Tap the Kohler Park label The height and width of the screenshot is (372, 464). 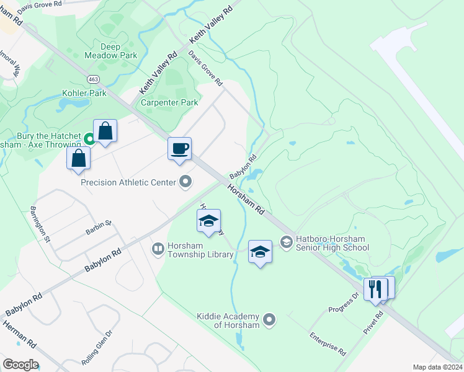(84, 94)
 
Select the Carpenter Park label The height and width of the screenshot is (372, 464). (170, 103)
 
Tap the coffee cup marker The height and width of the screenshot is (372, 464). (179, 149)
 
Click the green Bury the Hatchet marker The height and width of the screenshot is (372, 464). (89, 139)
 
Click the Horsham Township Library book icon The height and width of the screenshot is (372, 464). (158, 249)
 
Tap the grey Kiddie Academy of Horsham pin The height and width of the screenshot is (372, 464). (269, 320)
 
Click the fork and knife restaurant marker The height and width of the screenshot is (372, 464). (376, 289)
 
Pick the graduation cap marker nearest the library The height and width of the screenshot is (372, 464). (209, 221)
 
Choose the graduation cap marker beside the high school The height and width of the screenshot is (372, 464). (261, 252)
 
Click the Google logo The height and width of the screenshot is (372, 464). (20, 365)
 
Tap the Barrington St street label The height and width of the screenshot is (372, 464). (40, 223)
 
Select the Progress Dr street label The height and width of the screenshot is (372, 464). (344, 302)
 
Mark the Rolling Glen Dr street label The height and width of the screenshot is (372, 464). (97, 348)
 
